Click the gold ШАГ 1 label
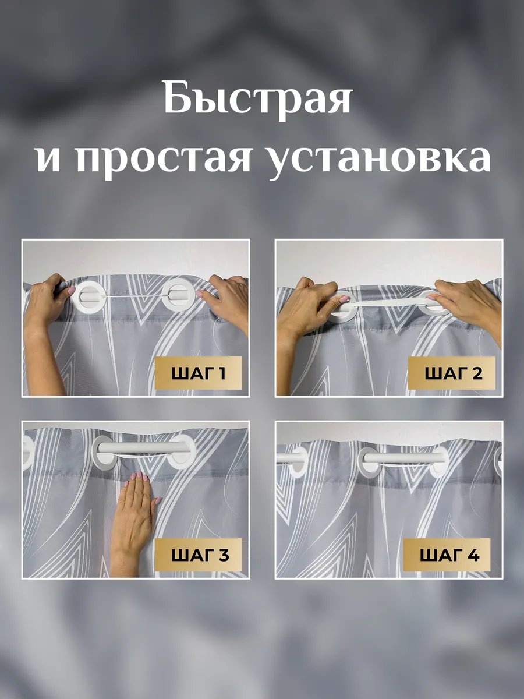coord(198,373)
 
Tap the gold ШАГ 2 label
coord(452,373)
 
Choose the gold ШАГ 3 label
coord(198,555)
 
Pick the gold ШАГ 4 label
coord(447,555)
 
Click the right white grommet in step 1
coord(176,295)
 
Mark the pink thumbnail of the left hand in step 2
coord(343,299)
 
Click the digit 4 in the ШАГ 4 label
coord(473,556)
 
